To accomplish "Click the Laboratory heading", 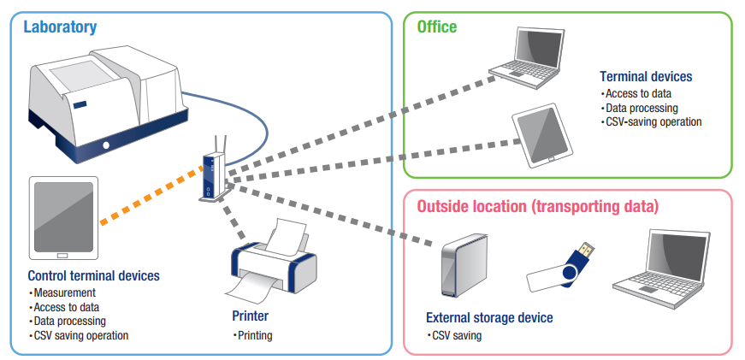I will (x=60, y=27).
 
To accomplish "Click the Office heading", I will (x=436, y=27).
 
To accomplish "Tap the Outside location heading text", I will (x=537, y=206).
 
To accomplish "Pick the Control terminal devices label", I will (x=93, y=276).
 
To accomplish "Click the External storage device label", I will (x=489, y=318).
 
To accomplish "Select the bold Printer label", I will (x=250, y=316).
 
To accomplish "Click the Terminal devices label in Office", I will (x=646, y=76).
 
